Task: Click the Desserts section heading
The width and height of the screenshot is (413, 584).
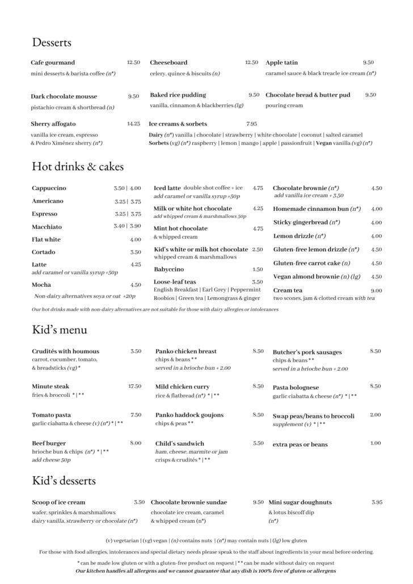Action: [52, 43]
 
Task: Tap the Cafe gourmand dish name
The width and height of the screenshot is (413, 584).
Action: [53, 63]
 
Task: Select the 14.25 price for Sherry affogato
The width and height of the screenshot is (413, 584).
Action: [133, 123]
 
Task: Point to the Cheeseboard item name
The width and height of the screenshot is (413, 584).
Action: [168, 62]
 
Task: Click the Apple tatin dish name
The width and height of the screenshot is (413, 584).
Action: [281, 62]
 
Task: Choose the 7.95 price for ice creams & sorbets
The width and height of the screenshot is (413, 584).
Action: [252, 124]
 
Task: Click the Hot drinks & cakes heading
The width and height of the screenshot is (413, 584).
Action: [78, 167]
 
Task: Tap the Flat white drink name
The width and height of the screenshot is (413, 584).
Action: [46, 239]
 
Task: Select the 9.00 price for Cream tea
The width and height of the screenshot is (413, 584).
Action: [376, 290]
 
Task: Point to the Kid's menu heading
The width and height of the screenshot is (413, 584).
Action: [60, 330]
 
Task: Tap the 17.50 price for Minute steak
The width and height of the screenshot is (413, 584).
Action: [134, 386]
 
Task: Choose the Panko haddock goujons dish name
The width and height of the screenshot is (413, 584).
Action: [189, 415]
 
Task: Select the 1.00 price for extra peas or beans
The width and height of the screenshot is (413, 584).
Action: [376, 443]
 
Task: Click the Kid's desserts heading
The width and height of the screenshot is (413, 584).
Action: [64, 481]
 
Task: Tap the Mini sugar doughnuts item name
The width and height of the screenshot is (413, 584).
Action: [300, 502]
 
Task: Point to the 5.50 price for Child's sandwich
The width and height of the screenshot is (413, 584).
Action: [258, 443]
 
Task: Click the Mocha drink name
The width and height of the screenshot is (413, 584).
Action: [41, 285]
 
